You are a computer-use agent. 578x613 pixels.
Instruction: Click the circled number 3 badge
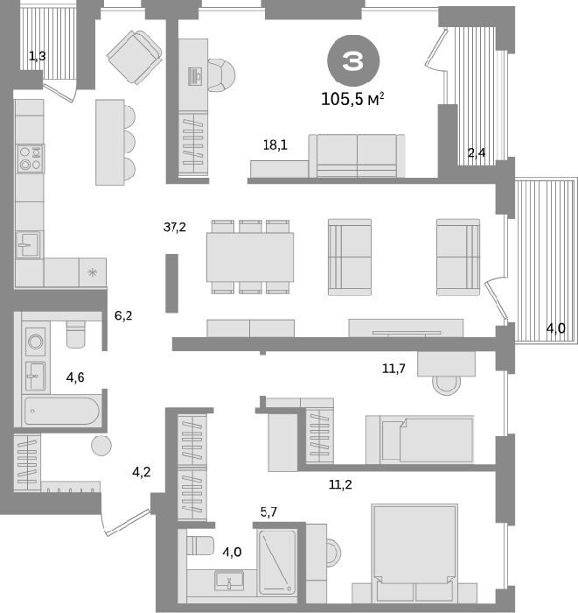pyautogui.click(x=352, y=61)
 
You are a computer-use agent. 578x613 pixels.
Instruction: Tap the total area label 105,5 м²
pyautogui.click(x=352, y=99)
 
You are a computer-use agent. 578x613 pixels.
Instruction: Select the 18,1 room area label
pyautogui.click(x=275, y=145)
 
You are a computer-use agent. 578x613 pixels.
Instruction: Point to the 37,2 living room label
pyautogui.click(x=175, y=227)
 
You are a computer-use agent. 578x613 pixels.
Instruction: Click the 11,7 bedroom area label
pyautogui.click(x=393, y=369)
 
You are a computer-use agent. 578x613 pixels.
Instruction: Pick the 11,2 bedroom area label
pyautogui.click(x=340, y=485)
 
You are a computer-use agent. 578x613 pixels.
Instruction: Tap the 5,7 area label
pyautogui.click(x=268, y=511)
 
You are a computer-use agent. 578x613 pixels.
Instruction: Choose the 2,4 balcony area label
pyautogui.click(x=477, y=153)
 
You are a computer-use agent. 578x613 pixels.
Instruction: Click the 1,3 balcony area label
pyautogui.click(x=38, y=56)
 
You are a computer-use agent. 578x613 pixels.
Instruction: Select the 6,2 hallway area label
pyautogui.click(x=123, y=315)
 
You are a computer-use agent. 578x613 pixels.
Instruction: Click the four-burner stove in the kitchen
pyautogui.click(x=30, y=159)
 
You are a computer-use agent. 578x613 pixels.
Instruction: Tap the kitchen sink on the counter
pyautogui.click(x=28, y=244)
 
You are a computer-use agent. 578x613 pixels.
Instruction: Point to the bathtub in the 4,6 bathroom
pyautogui.click(x=62, y=412)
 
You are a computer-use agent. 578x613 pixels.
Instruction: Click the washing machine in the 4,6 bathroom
pyautogui.click(x=36, y=342)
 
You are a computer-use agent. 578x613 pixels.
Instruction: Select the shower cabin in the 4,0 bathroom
pyautogui.click(x=277, y=562)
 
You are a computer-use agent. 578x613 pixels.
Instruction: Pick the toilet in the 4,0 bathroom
pyautogui.click(x=200, y=546)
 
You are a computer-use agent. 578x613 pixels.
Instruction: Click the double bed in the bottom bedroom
pyautogui.click(x=414, y=553)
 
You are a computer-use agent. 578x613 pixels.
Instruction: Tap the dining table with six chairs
pyautogui.click(x=250, y=257)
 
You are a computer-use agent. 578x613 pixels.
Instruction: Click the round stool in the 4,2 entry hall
pyautogui.click(x=101, y=445)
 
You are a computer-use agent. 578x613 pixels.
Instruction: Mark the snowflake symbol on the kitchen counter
pyautogui.click(x=92, y=272)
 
